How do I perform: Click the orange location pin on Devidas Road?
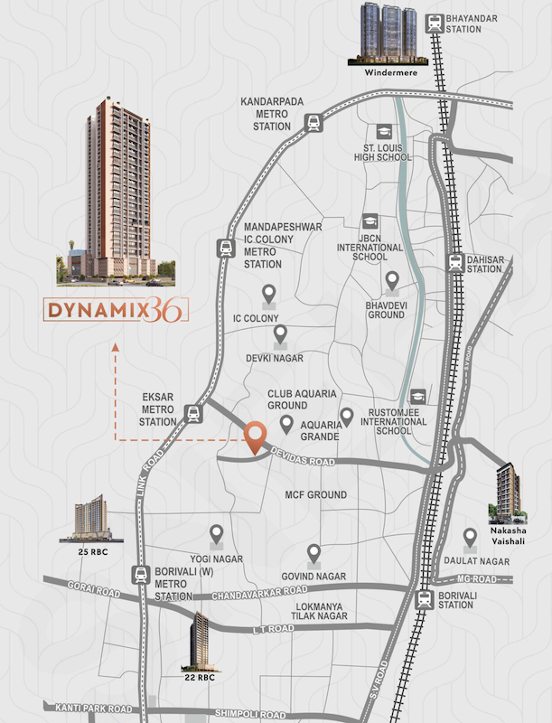[256, 437]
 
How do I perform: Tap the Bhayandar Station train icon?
[436, 22]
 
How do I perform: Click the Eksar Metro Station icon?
[192, 414]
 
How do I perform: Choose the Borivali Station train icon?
[423, 598]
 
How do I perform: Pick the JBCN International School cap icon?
[370, 222]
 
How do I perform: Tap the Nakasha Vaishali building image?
[507, 493]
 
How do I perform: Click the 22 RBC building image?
[199, 640]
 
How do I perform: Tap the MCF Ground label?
[316, 495]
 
